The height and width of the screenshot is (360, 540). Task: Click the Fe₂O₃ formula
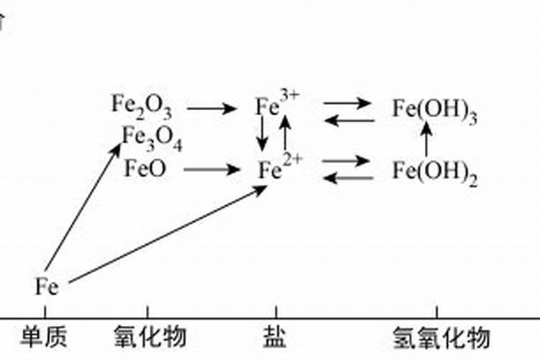141,106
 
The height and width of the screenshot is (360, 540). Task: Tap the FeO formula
145,170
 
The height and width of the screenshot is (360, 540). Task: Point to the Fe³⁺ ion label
276,106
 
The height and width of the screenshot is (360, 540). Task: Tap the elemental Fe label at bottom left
46,287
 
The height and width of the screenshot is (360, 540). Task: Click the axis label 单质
45,336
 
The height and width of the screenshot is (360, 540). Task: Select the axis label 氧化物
150,336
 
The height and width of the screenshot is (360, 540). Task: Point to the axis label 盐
274,336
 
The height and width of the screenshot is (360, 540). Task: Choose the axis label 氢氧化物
441,336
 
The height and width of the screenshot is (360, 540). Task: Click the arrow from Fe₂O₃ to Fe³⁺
211,109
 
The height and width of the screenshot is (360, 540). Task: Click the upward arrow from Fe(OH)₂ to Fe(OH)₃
426,140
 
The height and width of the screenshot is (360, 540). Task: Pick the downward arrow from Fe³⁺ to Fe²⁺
263,132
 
